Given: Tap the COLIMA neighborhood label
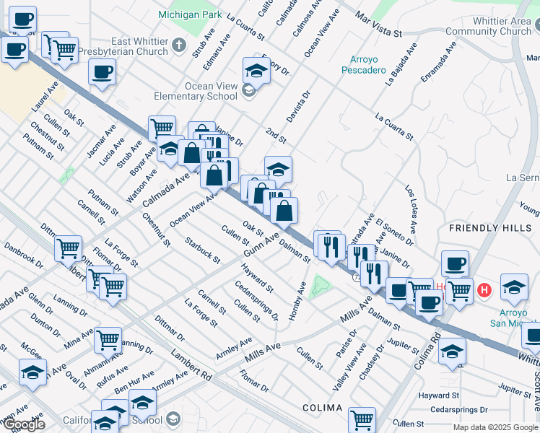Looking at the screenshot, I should pyautogui.click(x=322, y=408).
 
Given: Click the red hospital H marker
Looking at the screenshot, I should pyautogui.click(x=484, y=290).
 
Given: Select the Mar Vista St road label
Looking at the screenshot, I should pyautogui.click(x=380, y=27).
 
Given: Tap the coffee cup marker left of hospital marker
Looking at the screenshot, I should pyautogui.click(x=455, y=265).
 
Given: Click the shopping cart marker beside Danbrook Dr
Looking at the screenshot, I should pyautogui.click(x=68, y=248).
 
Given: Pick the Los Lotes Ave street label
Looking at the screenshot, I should pyautogui.click(x=410, y=209).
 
